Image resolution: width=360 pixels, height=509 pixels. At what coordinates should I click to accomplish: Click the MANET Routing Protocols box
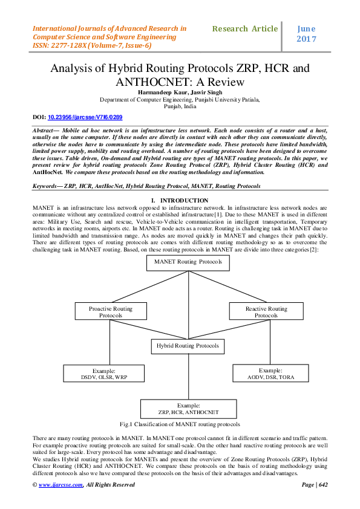(188, 262)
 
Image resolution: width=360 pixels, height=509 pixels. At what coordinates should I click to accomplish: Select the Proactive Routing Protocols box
(111, 311)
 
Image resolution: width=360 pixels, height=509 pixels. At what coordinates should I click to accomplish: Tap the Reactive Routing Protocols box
(266, 311)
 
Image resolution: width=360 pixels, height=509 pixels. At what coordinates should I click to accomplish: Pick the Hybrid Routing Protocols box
(188, 346)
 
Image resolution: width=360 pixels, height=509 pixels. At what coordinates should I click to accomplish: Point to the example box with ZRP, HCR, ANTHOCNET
(188, 408)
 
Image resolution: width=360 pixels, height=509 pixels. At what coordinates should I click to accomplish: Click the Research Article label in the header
(246, 28)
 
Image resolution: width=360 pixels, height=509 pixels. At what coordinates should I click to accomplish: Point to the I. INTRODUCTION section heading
(180, 201)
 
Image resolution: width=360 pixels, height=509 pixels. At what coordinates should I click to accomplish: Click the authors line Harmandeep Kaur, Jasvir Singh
(180, 91)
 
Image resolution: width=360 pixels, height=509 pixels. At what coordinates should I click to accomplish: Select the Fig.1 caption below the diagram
(180, 424)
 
